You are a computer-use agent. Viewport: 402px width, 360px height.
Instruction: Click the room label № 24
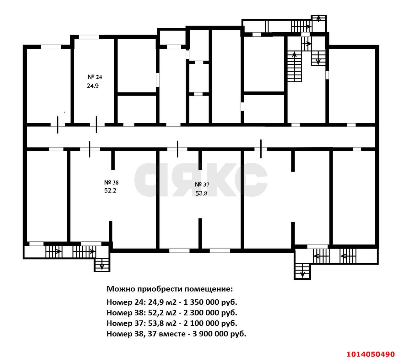click(95, 77)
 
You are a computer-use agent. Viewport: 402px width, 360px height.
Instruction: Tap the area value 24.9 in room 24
click(93, 86)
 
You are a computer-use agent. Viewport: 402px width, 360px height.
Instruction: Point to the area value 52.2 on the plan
click(110, 191)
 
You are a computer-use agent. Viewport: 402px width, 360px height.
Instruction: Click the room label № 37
click(202, 185)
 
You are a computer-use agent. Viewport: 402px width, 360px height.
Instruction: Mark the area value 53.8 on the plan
click(201, 194)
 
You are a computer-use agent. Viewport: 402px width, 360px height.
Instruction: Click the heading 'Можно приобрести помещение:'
click(170, 289)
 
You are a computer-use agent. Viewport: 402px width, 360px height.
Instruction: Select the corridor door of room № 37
click(177, 149)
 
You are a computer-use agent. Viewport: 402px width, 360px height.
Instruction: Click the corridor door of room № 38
click(90, 149)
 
